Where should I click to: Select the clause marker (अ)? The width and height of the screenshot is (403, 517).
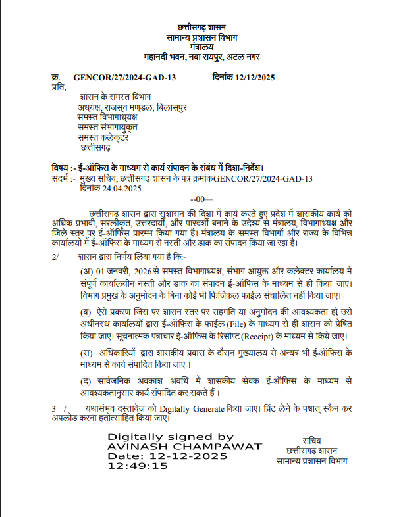[x=86, y=271]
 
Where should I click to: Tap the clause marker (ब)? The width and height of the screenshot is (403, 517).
[x=86, y=310]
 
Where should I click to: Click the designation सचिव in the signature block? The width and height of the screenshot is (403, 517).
[x=312, y=440]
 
